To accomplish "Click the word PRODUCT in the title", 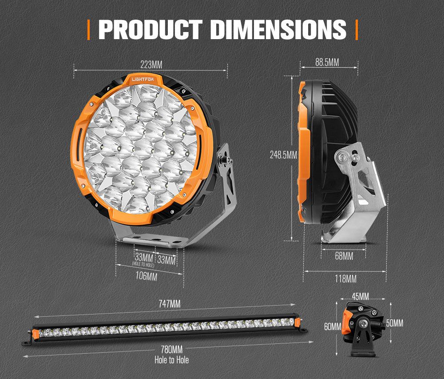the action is tap(151, 29).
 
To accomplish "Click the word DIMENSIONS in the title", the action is tap(278, 29).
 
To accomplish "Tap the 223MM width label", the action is tap(151, 65).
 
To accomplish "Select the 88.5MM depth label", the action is tap(327, 62).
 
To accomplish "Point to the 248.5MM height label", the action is tap(283, 155).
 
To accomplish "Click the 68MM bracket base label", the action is tap(344, 256).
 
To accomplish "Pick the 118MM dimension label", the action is tap(345, 279).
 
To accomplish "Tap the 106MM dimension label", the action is tap(146, 276).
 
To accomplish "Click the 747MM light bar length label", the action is tap(169, 304).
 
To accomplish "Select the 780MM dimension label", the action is tap(171, 350).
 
